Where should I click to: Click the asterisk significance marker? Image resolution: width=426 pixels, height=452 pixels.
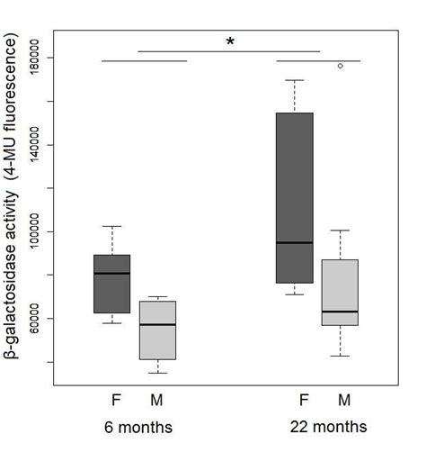tap(230, 41)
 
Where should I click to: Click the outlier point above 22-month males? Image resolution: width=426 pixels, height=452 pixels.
tap(340, 66)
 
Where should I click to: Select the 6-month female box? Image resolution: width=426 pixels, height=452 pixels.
tap(111, 284)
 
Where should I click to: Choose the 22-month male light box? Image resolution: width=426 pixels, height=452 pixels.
tap(340, 292)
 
